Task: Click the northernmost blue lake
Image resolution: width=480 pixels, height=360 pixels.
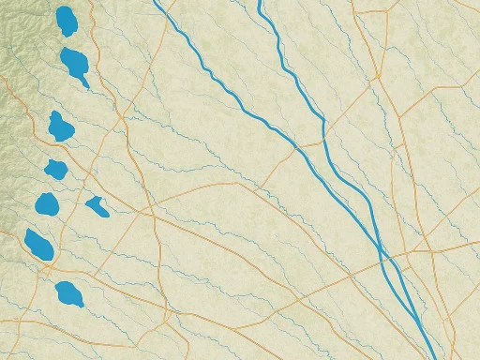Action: tap(66, 21)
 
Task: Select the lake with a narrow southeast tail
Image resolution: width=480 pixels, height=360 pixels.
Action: tap(75, 64)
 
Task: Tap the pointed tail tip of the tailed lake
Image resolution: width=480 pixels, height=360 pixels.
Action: tap(88, 86)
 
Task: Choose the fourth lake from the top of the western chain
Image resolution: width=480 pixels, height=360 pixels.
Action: tap(55, 169)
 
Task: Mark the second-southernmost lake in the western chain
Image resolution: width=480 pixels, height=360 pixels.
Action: tap(38, 244)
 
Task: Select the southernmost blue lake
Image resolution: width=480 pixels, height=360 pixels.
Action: tap(68, 294)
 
